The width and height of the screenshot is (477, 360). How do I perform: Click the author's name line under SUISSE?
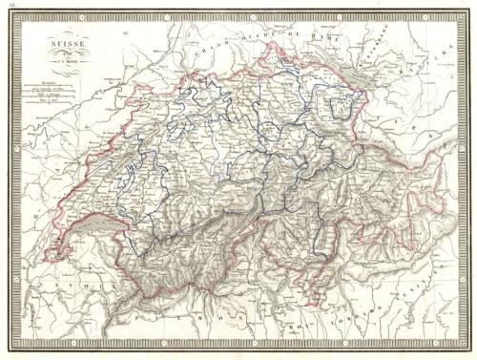(x=70, y=65)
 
